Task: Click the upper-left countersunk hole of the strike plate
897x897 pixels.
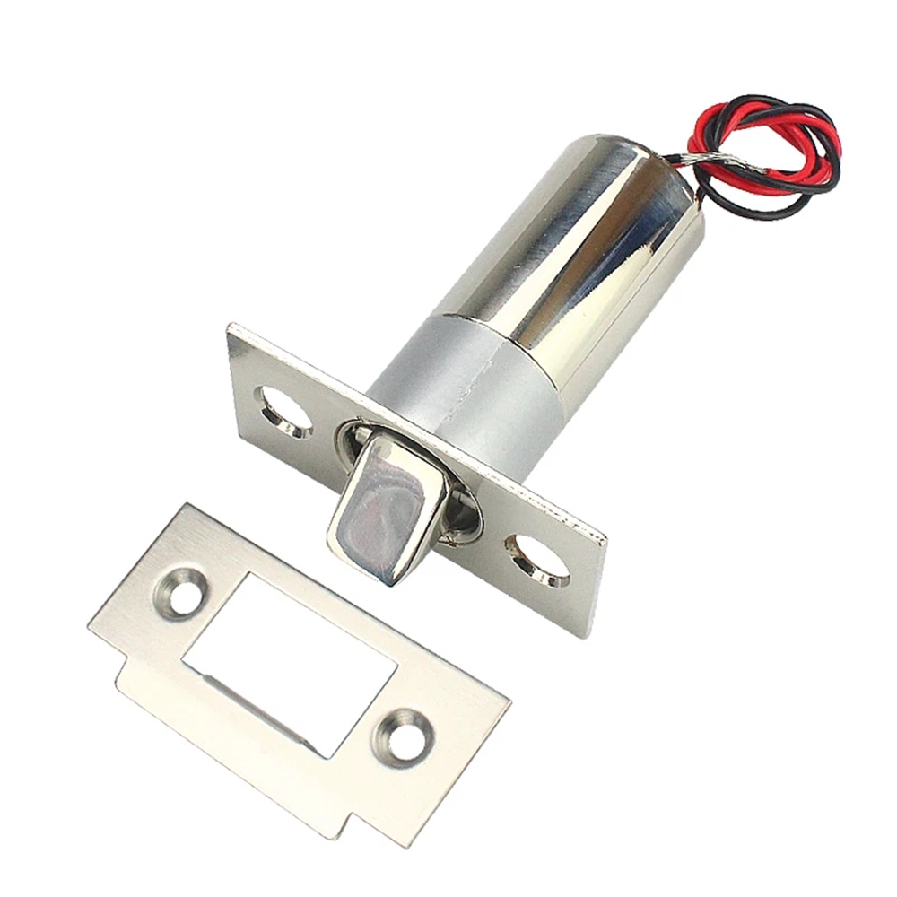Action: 187,593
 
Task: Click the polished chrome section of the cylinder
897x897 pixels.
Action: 574,242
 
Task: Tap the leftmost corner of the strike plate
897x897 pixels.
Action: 90,628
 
